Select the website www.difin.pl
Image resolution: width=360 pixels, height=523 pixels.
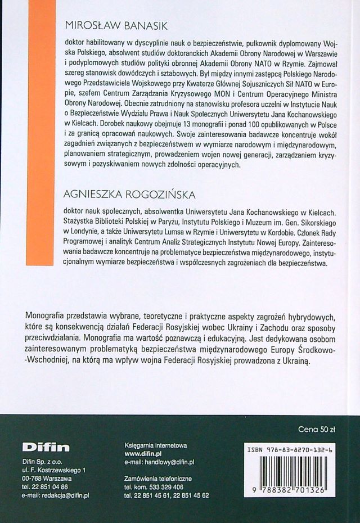click(x=143, y=453)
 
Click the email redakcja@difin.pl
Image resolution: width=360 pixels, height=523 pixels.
click(x=56, y=496)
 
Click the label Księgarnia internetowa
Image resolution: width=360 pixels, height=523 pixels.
click(x=155, y=444)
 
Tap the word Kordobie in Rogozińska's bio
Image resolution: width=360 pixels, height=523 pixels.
click(x=303, y=232)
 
